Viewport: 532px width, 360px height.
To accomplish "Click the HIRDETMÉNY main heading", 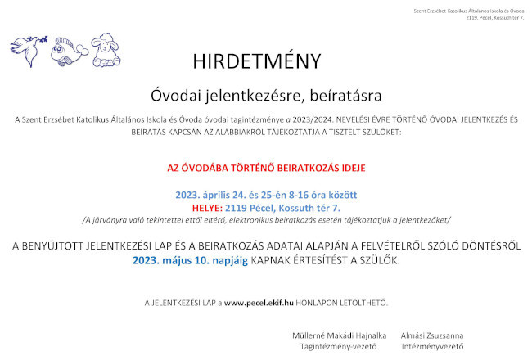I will coord(257,61).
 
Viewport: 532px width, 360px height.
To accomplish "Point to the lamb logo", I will coord(104,51).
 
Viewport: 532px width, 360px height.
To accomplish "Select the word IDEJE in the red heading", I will coord(349,167).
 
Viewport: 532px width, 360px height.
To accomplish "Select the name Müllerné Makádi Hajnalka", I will coord(340,335).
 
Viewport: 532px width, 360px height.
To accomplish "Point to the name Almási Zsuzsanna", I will coord(431,335).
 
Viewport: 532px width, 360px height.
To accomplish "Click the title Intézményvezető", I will coord(431,347).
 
